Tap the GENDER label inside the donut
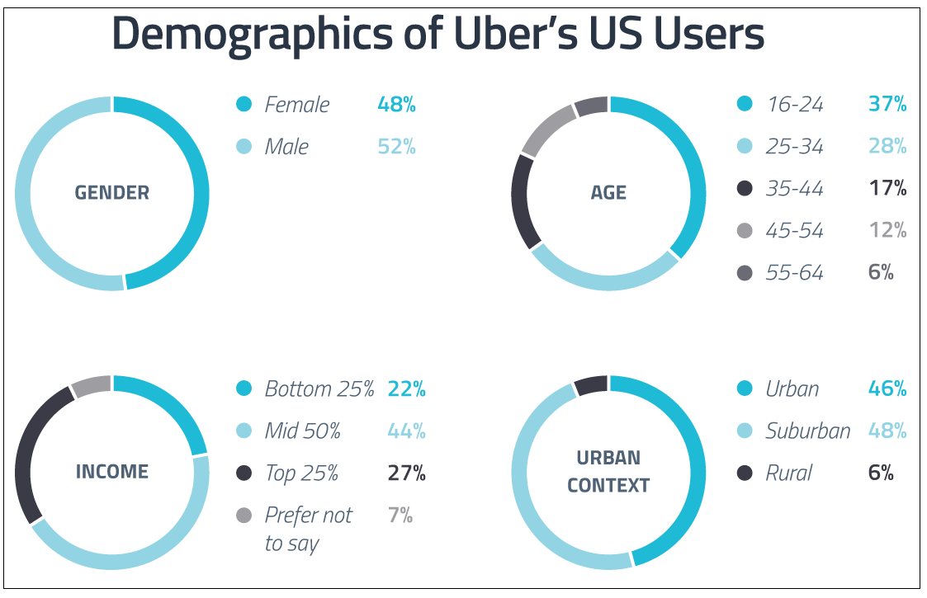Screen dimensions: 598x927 pyautogui.click(x=111, y=193)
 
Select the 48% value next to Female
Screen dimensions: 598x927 pyautogui.click(x=396, y=105)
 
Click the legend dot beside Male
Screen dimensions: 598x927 pyautogui.click(x=244, y=147)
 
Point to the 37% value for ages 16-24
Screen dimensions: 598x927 pyautogui.click(x=887, y=105)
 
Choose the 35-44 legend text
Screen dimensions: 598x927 pyautogui.click(x=794, y=189)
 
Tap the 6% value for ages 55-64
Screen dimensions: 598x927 pyautogui.click(x=881, y=273)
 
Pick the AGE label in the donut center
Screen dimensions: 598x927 pyautogui.click(x=608, y=193)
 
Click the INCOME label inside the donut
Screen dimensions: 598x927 pyautogui.click(x=111, y=472)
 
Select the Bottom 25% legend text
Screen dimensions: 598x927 pyautogui.click(x=319, y=389)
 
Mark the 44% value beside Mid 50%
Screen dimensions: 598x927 pyautogui.click(x=406, y=431)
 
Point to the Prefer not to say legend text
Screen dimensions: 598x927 pyautogui.click(x=308, y=529)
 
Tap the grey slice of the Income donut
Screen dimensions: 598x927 pyautogui.click(x=91, y=385)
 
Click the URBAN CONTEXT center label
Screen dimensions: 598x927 pyautogui.click(x=608, y=472)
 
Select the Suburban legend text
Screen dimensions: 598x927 pyautogui.click(x=807, y=431)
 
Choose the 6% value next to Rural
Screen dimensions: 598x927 pyautogui.click(x=881, y=473)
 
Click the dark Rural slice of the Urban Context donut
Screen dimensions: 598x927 pyautogui.click(x=591, y=384)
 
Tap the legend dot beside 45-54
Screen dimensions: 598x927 pyautogui.click(x=745, y=231)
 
